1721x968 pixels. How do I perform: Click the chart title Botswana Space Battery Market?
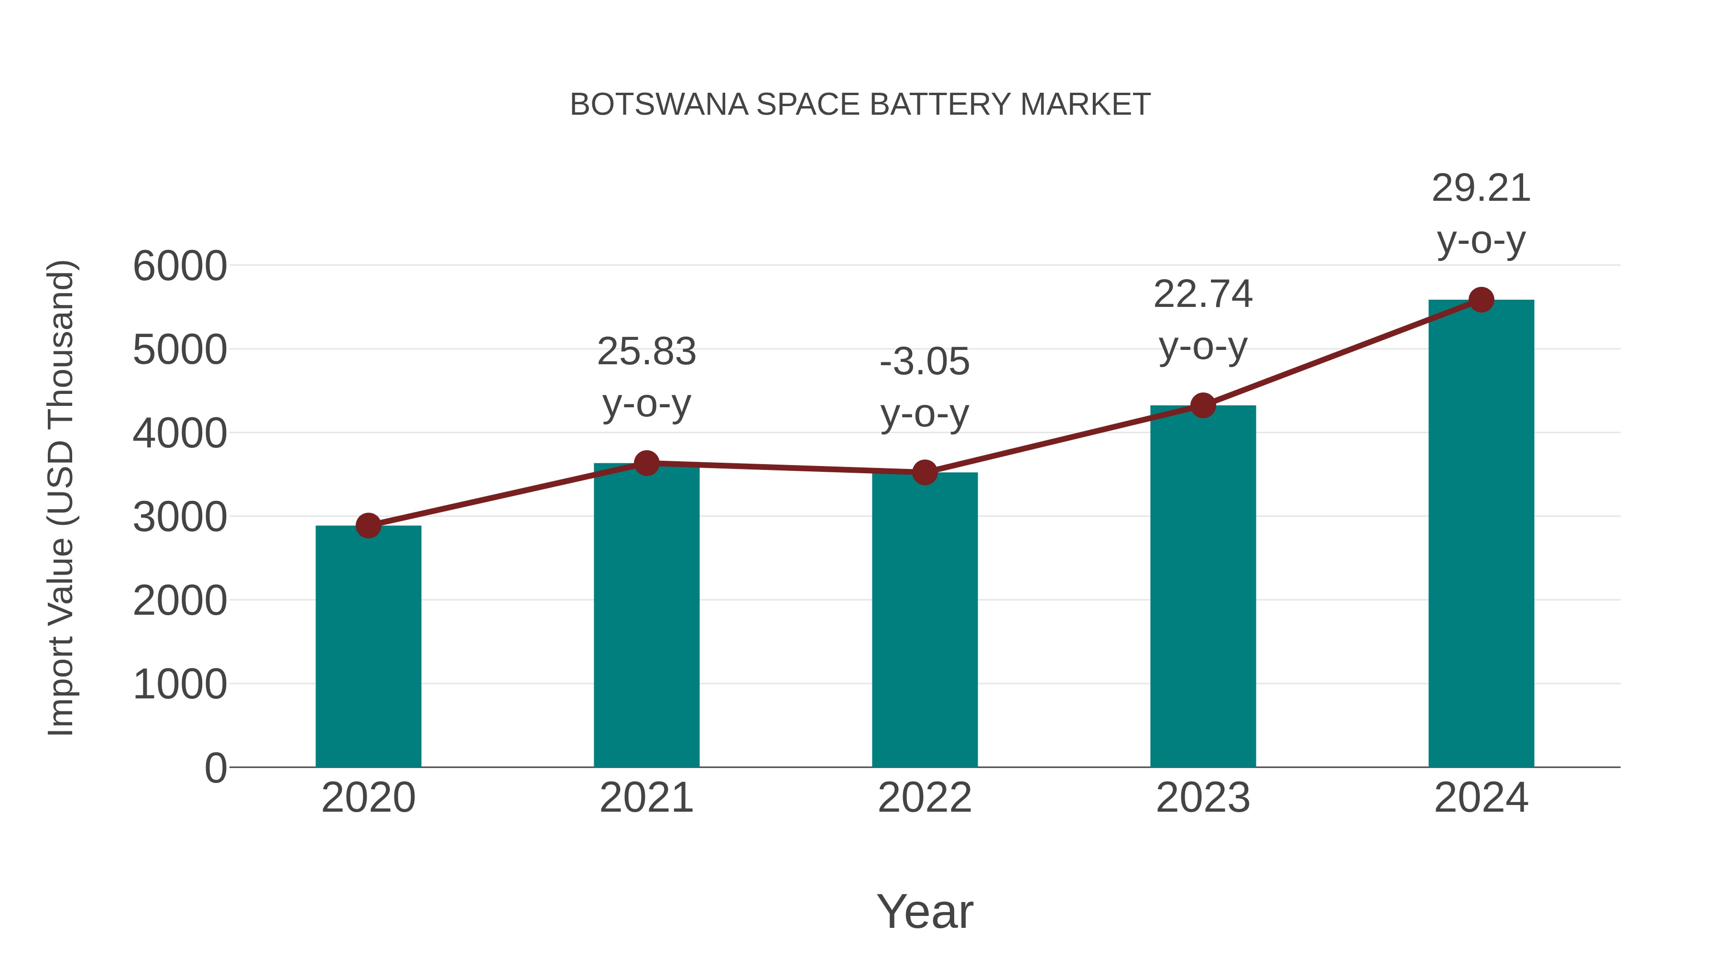coord(860,105)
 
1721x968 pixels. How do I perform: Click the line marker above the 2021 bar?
coord(646,463)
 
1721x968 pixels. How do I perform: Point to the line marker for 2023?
coord(1203,405)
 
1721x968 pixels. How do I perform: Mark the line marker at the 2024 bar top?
coord(1481,300)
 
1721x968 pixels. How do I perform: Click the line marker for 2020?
coord(368,526)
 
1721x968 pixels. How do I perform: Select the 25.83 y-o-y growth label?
coord(646,378)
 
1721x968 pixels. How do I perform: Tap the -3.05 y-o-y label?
coord(925,388)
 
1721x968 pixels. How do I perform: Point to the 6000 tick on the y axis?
coord(180,266)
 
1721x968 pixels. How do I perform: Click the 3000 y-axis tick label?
coord(180,517)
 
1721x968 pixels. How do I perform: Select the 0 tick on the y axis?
coord(215,768)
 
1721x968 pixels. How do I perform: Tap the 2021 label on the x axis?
coord(646,798)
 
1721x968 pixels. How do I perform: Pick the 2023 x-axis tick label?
coord(1203,798)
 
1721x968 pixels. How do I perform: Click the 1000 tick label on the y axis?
coord(180,685)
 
